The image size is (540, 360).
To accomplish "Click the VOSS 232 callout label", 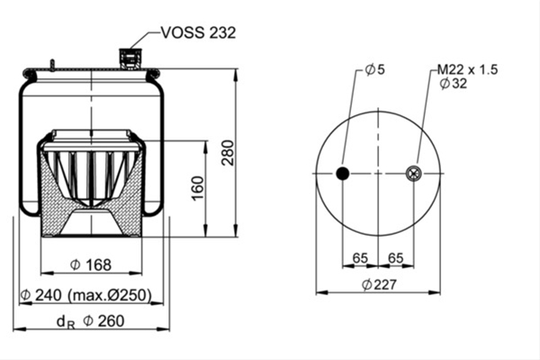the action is point(198,32).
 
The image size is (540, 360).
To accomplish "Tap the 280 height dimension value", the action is point(228,153).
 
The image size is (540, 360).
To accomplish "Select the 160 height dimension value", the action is point(198,188).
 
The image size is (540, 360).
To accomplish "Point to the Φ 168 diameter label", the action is point(91,265).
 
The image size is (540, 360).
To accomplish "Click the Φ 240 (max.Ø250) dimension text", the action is point(86,295).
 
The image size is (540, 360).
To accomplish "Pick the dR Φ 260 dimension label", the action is point(91,321).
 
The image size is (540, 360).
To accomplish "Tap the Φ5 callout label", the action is point(375,69).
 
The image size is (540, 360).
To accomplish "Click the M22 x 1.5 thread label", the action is point(468,69).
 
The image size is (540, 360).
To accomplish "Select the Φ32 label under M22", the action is point(454,84).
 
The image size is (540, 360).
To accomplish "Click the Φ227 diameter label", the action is point(379,284).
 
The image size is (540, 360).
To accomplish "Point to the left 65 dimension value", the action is point(360,257).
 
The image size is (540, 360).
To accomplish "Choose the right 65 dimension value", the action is point(396,257).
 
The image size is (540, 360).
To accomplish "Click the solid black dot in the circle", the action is point(343,174).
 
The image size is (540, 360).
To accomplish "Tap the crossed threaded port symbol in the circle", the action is point(413,174).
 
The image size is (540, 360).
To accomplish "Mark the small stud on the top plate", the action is point(52,66).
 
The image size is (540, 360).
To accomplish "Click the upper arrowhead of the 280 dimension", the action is point(236,75).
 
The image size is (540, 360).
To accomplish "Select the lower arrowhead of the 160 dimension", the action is point(205,230).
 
